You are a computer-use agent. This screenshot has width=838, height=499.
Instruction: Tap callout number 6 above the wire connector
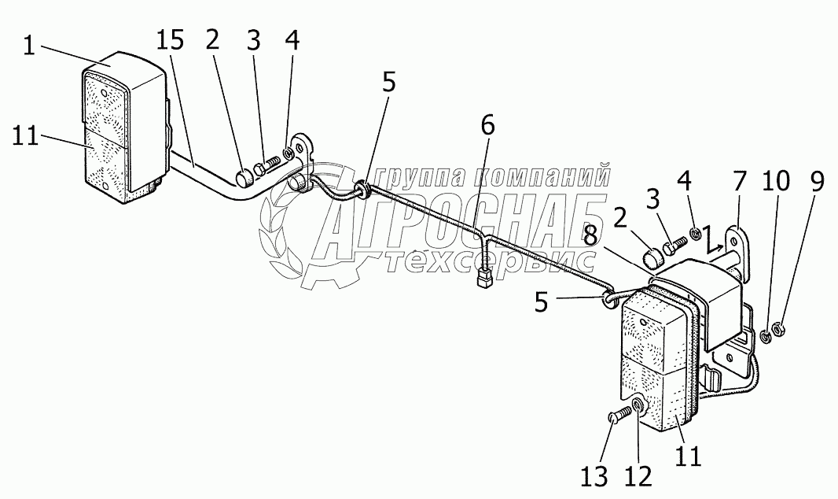pyautogui.click(x=488, y=124)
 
